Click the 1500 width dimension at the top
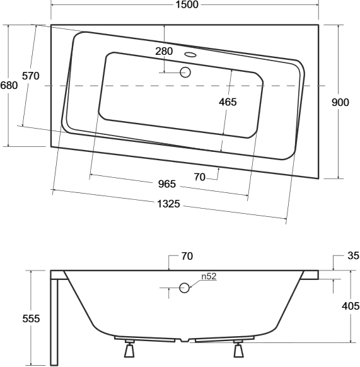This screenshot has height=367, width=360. pyautogui.click(x=187, y=4)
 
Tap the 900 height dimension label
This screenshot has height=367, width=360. pyautogui.click(x=340, y=102)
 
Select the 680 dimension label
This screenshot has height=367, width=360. pyautogui.click(x=9, y=85)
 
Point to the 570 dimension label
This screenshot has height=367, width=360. pyautogui.click(x=31, y=76)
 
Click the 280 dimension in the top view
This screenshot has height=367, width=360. pyautogui.click(x=164, y=51)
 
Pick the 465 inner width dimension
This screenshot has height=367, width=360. pyautogui.click(x=228, y=102)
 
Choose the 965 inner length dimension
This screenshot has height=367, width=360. pyautogui.click(x=167, y=184)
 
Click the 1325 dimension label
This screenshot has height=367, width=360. pyautogui.click(x=168, y=204)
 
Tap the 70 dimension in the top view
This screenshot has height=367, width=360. pyautogui.click(x=200, y=177)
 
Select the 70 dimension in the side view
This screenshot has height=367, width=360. pyautogui.click(x=187, y=256)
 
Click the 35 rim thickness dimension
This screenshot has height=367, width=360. pyautogui.click(x=353, y=256)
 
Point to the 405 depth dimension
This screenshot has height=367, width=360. pyautogui.click(x=351, y=306)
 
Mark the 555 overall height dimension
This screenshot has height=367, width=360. pyautogui.click(x=31, y=319)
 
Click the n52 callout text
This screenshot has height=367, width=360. pyautogui.click(x=209, y=276)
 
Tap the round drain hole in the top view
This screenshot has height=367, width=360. pyautogui.click(x=185, y=73)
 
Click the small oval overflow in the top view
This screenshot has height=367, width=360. pyautogui.click(x=190, y=55)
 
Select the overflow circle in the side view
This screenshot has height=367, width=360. pyautogui.click(x=184, y=288)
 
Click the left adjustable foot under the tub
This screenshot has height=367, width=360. pyautogui.click(x=129, y=349)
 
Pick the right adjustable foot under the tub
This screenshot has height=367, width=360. pyautogui.click(x=238, y=349)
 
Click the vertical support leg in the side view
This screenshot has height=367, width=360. pyautogui.click(x=54, y=322)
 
